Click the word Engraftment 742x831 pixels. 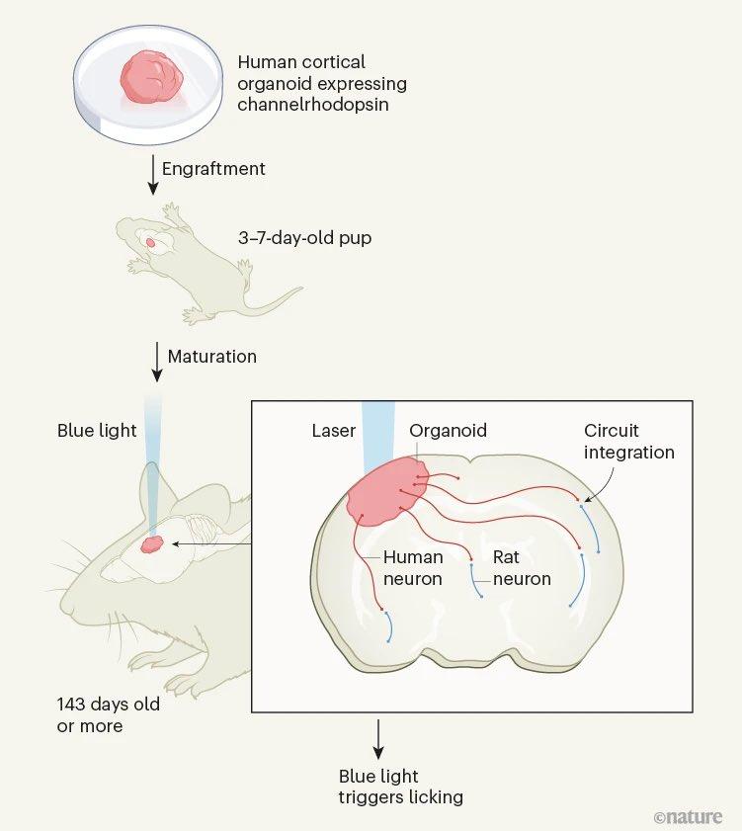(213, 169)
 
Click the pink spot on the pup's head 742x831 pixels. (150, 241)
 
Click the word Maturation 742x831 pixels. (211, 356)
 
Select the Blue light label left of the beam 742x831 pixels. (97, 431)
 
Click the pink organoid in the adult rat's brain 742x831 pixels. (152, 543)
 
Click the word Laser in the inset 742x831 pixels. (333, 431)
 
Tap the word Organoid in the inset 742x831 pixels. (448, 431)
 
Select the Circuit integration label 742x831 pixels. (628, 442)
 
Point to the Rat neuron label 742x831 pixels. (522, 568)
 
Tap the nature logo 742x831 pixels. (688, 816)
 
